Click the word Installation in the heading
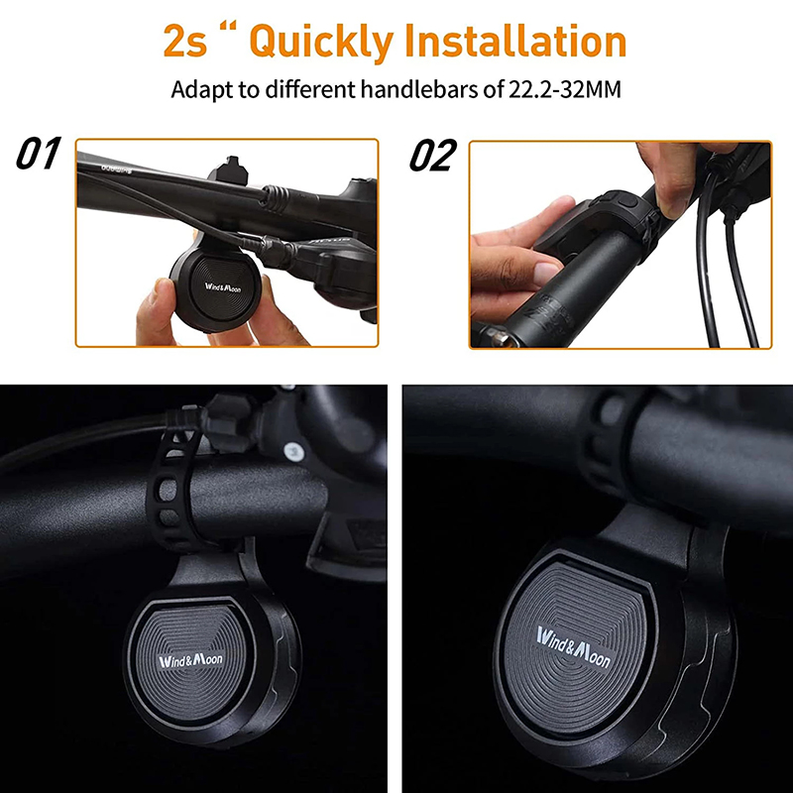click(x=515, y=41)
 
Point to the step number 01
click(x=39, y=153)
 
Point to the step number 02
click(x=433, y=156)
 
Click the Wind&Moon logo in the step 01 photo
click(x=222, y=287)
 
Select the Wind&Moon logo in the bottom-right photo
click(x=574, y=647)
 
